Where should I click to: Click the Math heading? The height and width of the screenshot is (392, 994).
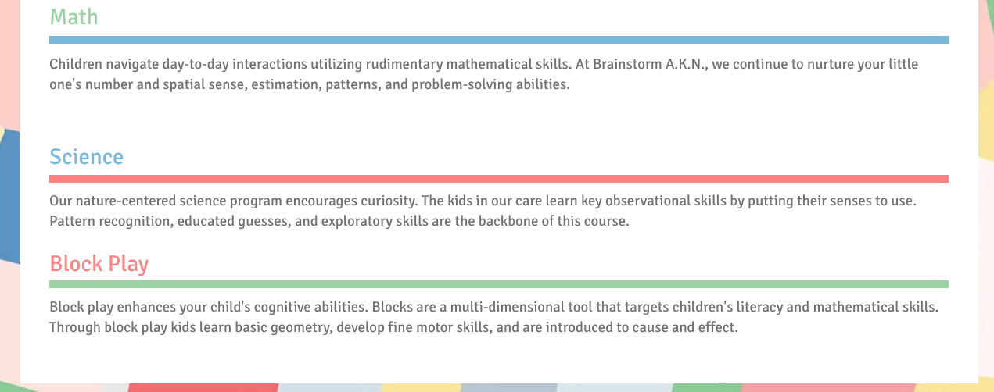point(74,17)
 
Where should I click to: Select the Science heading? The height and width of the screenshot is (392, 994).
point(86,157)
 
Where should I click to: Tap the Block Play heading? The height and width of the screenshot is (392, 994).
point(99,264)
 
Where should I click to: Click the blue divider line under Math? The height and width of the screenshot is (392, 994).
point(499,40)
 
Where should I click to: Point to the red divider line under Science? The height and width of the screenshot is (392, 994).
point(499,179)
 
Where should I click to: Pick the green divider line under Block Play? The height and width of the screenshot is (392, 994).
point(499,284)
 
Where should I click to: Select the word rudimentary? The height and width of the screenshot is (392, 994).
point(404,65)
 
